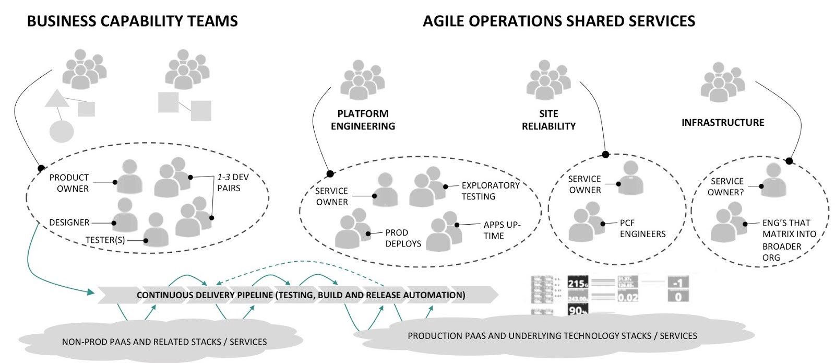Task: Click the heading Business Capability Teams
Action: click(132, 21)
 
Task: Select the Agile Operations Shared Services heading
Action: click(558, 21)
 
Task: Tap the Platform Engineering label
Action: click(363, 120)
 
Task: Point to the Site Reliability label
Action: click(548, 120)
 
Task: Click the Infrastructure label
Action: click(722, 123)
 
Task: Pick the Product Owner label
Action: click(69, 183)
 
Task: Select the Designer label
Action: click(69, 223)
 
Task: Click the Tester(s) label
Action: click(105, 240)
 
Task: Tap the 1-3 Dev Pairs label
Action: click(233, 182)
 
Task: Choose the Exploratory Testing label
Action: click(490, 191)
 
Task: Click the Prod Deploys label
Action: click(403, 238)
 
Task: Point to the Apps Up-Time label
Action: click(502, 230)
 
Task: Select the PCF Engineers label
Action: click(642, 228)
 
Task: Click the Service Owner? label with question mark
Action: click(726, 186)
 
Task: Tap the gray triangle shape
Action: click(57, 99)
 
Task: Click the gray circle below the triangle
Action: click(62, 131)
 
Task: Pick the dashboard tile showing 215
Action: click(577, 283)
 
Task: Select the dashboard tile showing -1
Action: click(678, 283)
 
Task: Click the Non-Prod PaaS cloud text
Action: click(164, 342)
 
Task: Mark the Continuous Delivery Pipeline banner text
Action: click(301, 295)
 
